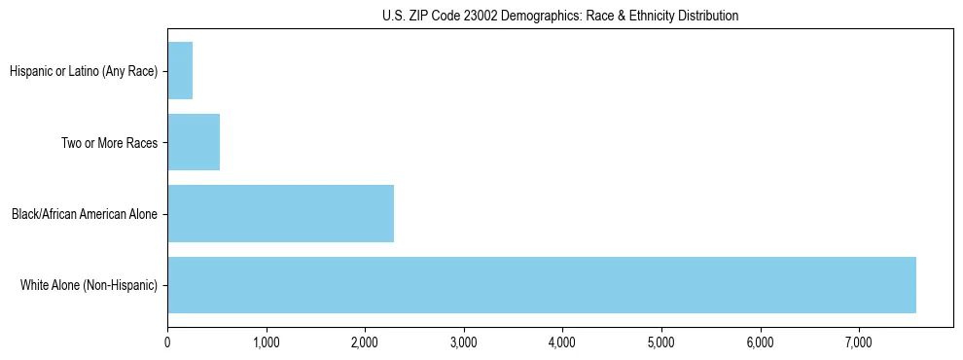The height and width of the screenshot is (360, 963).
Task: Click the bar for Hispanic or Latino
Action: coord(180,71)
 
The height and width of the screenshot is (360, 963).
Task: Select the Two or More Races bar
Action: coord(194,142)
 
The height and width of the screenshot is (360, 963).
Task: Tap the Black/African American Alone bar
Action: coord(280,213)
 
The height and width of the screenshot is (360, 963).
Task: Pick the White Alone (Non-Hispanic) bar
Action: coord(541,285)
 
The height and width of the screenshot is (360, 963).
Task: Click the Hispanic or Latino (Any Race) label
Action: coord(83,71)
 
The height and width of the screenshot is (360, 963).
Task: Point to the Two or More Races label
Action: coord(109,142)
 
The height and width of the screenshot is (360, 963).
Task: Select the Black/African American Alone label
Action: coord(85,214)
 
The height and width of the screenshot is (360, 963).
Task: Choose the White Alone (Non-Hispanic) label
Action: coord(89,285)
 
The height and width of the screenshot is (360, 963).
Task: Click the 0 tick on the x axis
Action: coord(167,342)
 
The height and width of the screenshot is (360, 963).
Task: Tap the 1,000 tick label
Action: coord(266,342)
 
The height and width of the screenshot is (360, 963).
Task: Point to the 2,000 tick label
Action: coord(365,342)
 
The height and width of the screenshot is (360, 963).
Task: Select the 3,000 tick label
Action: coord(463,342)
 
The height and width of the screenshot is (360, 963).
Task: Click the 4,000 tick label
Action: coord(562,342)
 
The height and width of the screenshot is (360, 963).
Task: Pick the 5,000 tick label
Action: coord(660,342)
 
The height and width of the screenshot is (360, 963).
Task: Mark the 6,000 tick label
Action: coord(760,342)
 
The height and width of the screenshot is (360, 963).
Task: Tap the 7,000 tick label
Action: coord(858,342)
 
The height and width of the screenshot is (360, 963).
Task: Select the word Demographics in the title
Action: coord(534,16)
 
